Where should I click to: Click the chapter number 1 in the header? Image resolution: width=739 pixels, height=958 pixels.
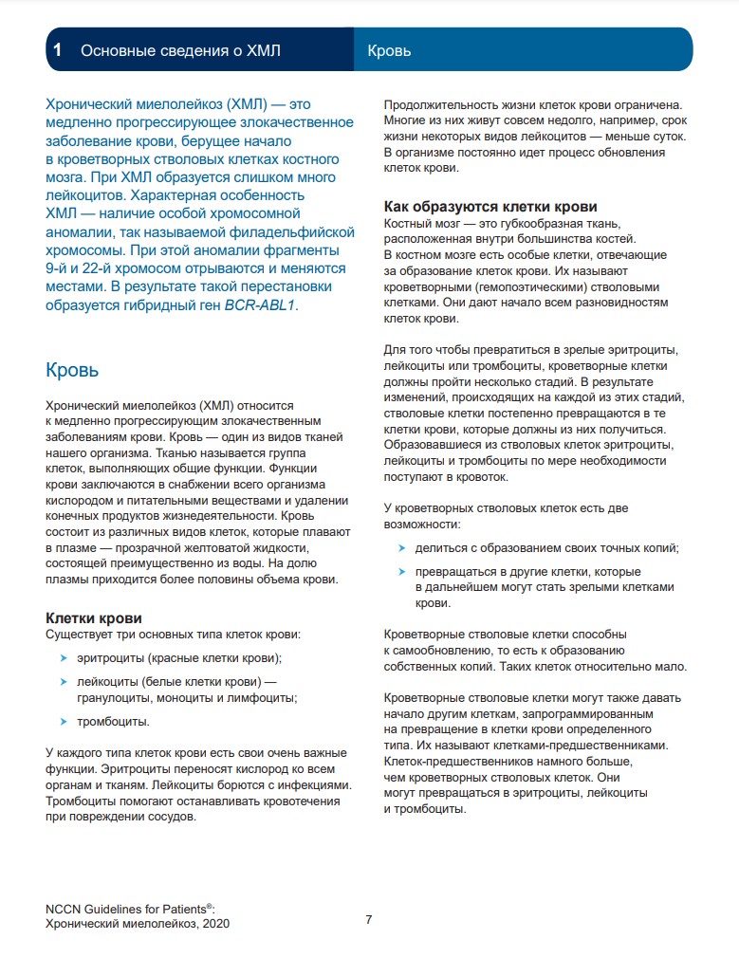[x=59, y=50]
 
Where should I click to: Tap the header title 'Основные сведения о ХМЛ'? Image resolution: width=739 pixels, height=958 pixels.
[x=180, y=50]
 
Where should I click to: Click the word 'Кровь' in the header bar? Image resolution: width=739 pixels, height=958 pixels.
[x=389, y=50]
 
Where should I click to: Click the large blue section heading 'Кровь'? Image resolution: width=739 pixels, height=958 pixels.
[x=72, y=369]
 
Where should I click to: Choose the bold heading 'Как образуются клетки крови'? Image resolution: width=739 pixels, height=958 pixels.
[x=490, y=207]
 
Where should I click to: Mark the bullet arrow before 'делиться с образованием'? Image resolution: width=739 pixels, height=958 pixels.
[x=402, y=548]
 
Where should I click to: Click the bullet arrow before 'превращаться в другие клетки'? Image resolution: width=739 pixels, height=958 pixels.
[x=402, y=572]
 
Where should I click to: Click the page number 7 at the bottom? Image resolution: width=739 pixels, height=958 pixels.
[x=369, y=919]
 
